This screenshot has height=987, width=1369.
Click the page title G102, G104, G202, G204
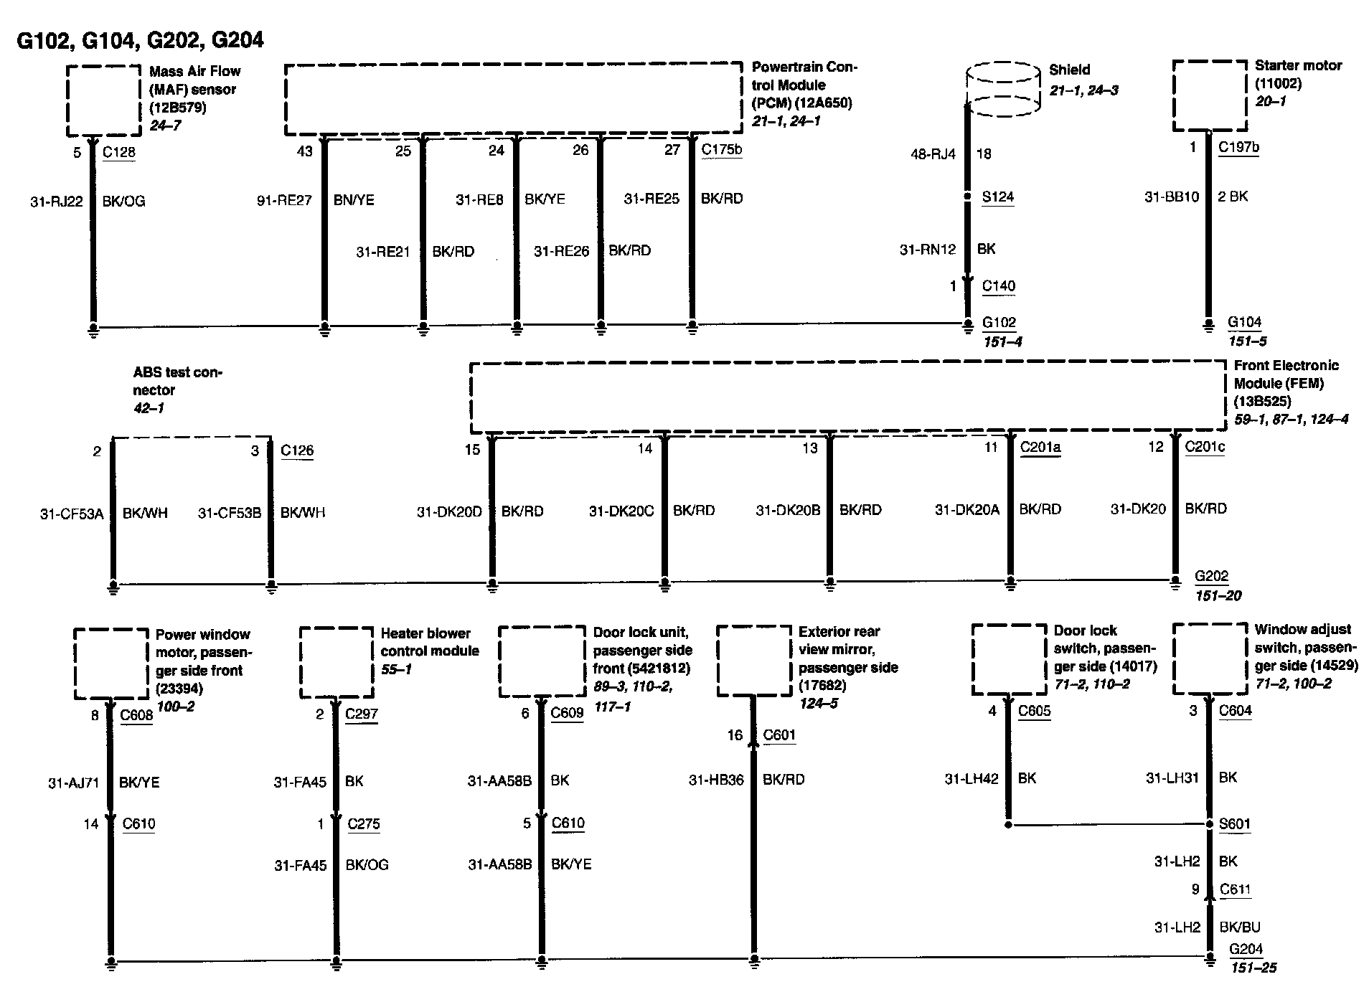tap(140, 40)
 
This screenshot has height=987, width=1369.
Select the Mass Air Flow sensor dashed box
tap(103, 100)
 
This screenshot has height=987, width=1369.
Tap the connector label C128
tap(119, 152)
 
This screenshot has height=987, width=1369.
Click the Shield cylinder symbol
tap(1003, 88)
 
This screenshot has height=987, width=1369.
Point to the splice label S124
tap(997, 197)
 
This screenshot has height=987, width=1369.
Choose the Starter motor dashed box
tap(1209, 95)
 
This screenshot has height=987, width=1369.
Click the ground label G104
tap(1244, 322)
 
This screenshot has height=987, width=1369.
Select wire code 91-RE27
tap(284, 200)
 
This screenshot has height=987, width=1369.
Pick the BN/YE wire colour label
tap(354, 200)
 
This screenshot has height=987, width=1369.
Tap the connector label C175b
tap(721, 149)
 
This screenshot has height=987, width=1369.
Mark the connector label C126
tap(297, 450)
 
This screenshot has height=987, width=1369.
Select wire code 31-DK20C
tap(621, 511)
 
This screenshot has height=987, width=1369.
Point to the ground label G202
tap(1211, 576)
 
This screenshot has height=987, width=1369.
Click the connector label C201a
tap(1040, 448)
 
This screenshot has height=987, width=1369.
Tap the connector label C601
tap(779, 735)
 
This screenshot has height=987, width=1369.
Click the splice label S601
tap(1234, 824)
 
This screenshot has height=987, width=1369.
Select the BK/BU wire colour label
tap(1239, 927)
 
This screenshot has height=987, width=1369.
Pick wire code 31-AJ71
tap(73, 783)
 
